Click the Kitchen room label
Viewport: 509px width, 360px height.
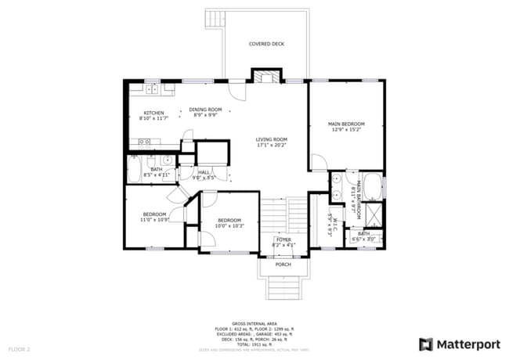153,113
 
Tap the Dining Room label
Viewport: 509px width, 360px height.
206,109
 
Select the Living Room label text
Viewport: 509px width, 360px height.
271,139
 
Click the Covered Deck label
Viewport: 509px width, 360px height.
266,44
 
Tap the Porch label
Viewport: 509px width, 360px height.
283,265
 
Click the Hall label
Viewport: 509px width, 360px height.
204,172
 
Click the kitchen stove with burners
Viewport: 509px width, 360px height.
144,142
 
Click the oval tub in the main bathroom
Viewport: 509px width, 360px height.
373,186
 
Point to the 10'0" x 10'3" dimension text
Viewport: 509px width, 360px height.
229,226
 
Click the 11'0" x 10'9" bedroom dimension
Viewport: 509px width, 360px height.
155,220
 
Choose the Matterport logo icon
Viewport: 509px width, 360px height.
426,344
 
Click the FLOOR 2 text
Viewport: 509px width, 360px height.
19,348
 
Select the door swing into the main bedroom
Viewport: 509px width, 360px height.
319,163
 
